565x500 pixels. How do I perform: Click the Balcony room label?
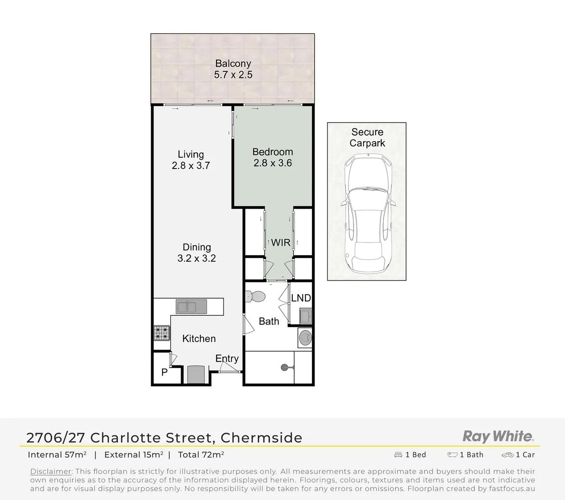pos(233,63)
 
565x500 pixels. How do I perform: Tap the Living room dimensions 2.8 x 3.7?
pos(191,166)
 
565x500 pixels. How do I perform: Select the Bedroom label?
pos(273,152)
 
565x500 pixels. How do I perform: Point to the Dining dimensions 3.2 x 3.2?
pos(197,258)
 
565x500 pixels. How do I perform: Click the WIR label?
pos(280,243)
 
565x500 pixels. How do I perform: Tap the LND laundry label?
pos(301,298)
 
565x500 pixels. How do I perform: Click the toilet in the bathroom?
pos(255,296)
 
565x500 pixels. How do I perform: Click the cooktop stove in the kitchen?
pos(161,332)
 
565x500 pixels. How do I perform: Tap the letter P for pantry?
pos(164,372)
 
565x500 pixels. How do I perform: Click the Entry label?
pos(227,358)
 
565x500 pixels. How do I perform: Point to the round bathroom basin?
pos(305,338)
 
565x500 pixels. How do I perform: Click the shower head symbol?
pos(285,368)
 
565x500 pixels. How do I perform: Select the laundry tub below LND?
pos(305,317)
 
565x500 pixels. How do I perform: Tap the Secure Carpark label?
pos(367,137)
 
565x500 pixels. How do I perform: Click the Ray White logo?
pos(498,436)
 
